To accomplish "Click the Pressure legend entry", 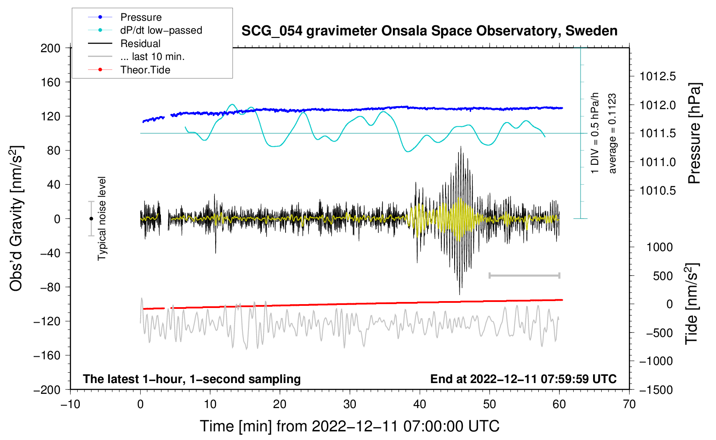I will (141, 17).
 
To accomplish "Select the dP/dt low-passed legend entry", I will (161, 30).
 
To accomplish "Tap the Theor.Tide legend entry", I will (145, 70).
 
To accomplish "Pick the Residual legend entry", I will (140, 44).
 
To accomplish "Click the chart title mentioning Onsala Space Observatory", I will (429, 31).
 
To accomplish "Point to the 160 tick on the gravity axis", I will (50, 82).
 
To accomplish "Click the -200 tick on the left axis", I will (47, 390).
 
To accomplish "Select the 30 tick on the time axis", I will (350, 404).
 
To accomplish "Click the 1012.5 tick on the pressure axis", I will (657, 77).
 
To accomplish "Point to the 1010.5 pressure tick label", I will (657, 191).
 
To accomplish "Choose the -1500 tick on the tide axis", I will (656, 390).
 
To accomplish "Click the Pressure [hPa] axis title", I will (695, 133).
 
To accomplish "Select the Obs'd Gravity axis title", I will (16, 218).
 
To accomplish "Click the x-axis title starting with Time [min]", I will (349, 426).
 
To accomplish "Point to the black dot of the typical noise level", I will (91, 219).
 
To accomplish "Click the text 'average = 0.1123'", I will (612, 133).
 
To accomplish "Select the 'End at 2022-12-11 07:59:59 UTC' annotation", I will (523, 379).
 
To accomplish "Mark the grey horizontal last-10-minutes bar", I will (524, 275).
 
